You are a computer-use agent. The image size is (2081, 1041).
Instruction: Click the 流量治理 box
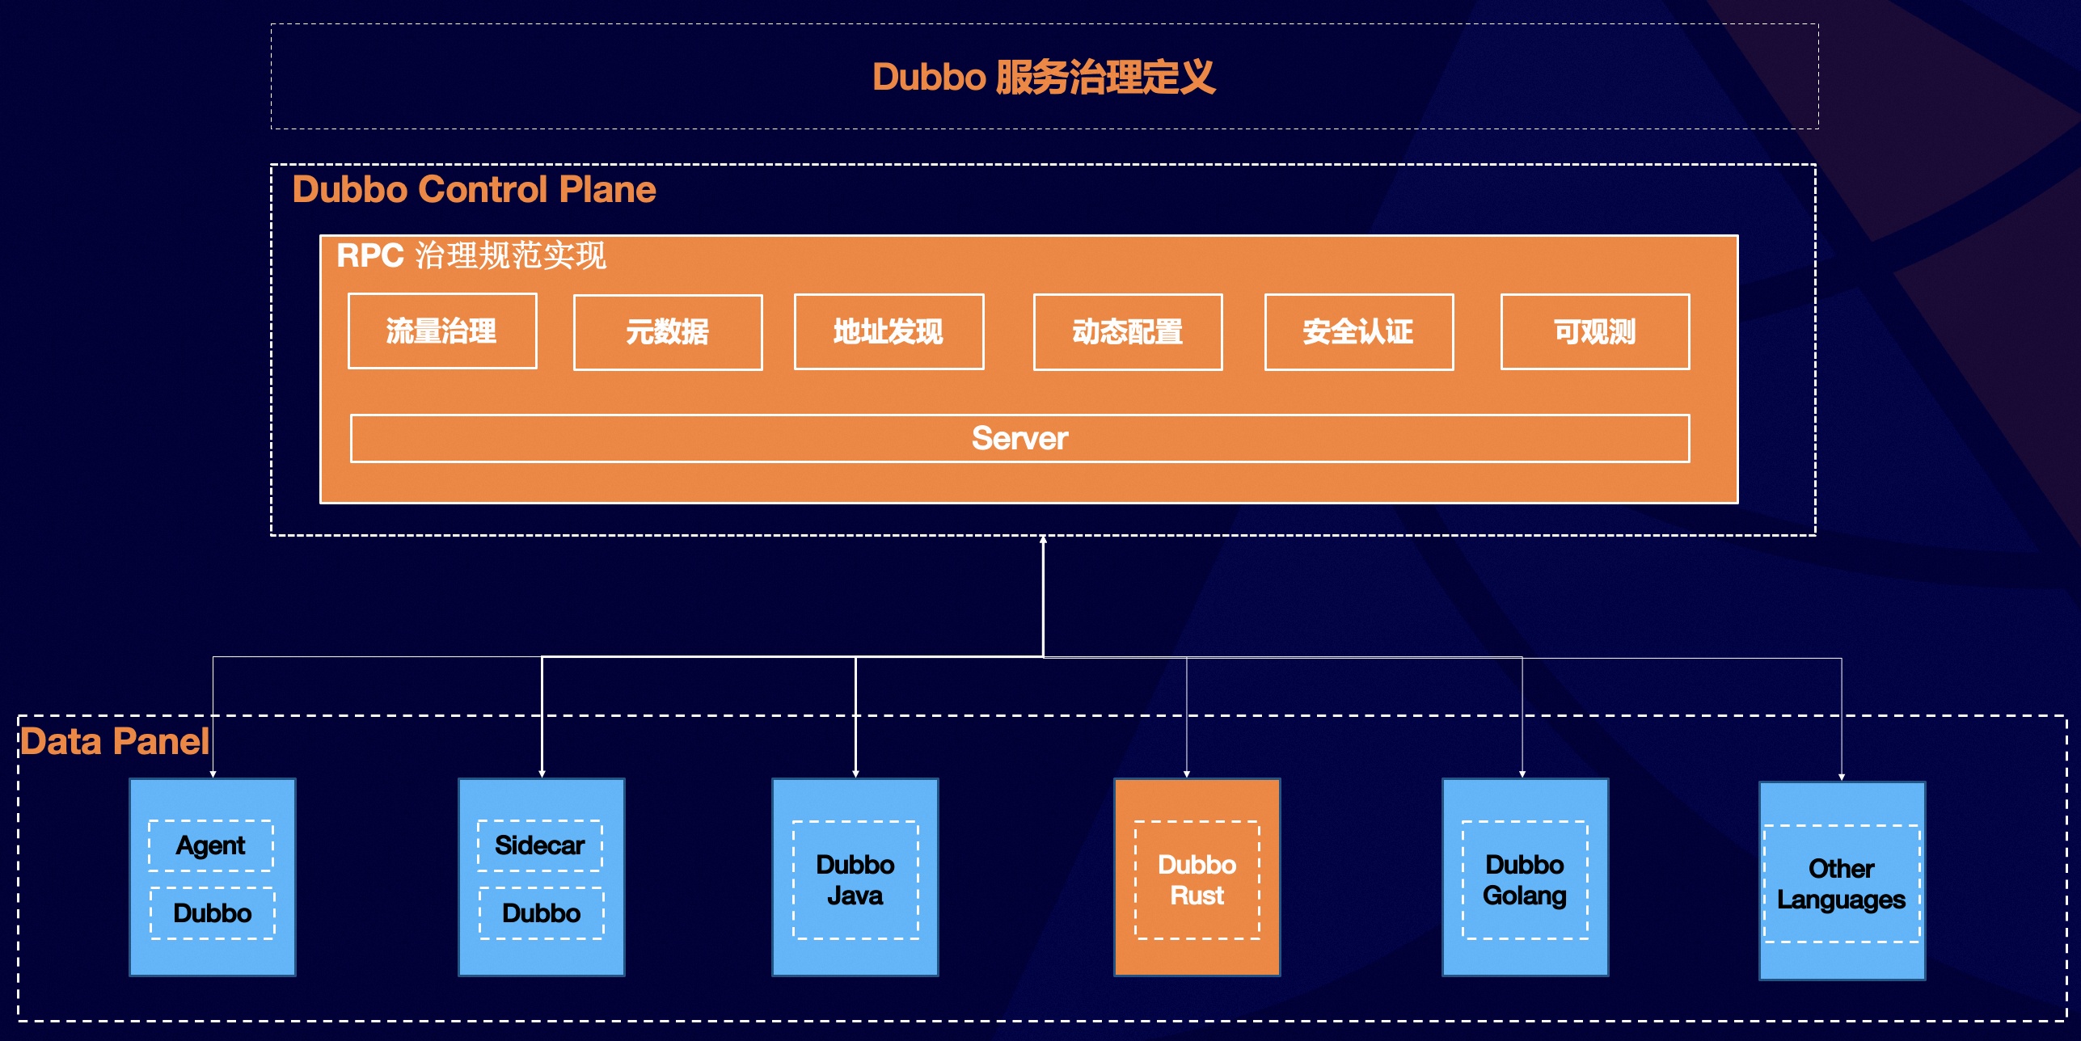click(442, 331)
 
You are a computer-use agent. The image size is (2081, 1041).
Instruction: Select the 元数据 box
click(668, 332)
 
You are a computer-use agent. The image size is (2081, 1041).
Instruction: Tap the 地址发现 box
click(889, 332)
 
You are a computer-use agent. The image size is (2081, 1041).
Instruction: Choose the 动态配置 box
click(1128, 332)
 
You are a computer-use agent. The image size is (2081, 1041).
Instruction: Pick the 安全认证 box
click(1359, 332)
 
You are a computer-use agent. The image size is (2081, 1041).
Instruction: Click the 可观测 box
click(1595, 332)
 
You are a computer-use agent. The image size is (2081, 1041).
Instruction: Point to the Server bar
click(1019, 439)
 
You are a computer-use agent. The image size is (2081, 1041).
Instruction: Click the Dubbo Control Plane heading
click(474, 190)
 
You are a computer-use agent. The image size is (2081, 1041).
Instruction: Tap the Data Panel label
click(115, 741)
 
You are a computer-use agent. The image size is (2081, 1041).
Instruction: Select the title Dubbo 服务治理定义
click(1044, 78)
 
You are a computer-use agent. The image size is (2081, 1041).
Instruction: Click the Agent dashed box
click(211, 845)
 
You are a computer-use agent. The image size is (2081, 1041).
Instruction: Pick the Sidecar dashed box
click(540, 845)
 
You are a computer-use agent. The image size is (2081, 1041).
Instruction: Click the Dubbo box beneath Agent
click(213, 913)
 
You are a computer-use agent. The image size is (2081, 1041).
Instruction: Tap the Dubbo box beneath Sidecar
click(542, 913)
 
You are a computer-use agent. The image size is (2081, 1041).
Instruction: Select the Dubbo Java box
click(855, 879)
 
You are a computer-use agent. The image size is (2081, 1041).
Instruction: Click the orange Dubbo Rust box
click(1197, 879)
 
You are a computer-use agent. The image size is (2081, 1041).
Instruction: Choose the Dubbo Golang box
click(1525, 879)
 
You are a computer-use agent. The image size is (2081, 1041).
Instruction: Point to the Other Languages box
click(1842, 883)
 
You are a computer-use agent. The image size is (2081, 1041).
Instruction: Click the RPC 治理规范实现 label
click(471, 255)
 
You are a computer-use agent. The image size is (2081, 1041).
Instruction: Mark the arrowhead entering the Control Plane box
click(1043, 539)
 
